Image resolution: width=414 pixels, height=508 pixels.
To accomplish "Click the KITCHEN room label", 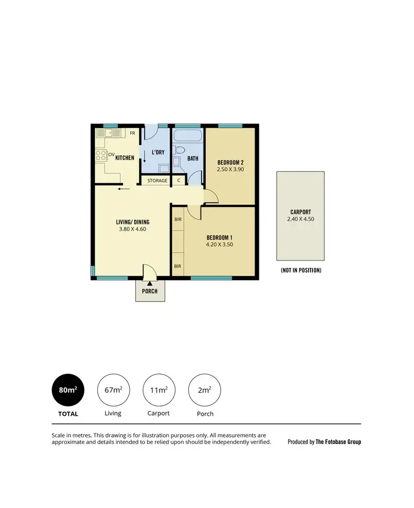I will click(125, 158).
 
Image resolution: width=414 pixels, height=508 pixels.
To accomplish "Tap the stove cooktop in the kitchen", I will click(101, 155).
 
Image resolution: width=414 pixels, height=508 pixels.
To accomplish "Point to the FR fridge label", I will click(132, 133).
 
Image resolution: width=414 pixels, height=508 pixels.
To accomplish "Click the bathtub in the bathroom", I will click(187, 136).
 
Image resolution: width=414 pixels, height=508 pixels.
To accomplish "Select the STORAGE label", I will click(157, 180).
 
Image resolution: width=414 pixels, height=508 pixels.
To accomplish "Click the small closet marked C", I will click(178, 180).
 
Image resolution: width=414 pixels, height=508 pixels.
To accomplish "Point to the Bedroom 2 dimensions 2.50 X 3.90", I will click(230, 169).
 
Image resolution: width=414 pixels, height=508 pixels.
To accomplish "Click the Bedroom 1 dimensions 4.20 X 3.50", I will click(220, 244).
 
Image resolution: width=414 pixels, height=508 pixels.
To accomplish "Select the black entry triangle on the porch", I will click(150, 283).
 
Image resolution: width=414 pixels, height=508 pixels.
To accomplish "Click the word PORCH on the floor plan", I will click(150, 291).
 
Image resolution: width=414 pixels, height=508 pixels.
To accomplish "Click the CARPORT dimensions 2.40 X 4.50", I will click(300, 219).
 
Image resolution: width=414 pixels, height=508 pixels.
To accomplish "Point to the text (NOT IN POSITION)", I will click(301, 270).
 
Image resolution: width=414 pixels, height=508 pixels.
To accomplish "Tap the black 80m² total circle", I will click(67, 390).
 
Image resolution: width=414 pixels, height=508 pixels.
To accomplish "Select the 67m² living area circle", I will click(113, 390).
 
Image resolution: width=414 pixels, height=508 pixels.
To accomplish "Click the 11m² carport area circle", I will click(159, 390).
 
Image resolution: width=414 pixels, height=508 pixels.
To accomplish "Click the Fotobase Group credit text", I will click(324, 442).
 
